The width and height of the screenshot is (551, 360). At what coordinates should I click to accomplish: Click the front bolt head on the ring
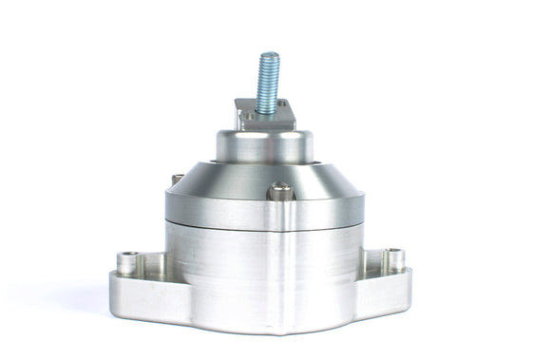(x=277, y=192)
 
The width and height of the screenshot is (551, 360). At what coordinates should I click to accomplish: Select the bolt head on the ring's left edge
(x=177, y=180)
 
